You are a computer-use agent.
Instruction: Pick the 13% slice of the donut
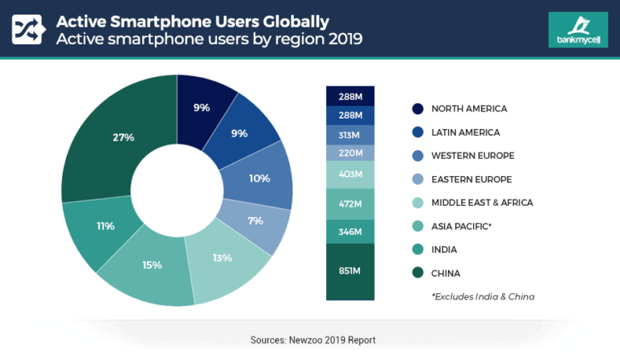tap(222, 258)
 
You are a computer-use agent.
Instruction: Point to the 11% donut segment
tap(106, 226)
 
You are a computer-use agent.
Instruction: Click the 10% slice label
tap(259, 178)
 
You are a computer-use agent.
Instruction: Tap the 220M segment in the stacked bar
tap(350, 153)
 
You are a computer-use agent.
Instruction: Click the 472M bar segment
tap(350, 205)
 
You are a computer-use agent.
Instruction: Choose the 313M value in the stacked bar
tap(350, 135)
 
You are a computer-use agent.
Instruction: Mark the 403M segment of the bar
tap(350, 175)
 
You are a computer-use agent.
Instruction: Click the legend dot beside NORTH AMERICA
tap(417, 109)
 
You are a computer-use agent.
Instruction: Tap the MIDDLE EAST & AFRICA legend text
tap(482, 203)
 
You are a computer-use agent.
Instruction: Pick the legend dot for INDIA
tap(417, 249)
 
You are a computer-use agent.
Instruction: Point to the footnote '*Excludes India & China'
tap(483, 296)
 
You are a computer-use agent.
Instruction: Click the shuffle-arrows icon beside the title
tap(28, 28)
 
